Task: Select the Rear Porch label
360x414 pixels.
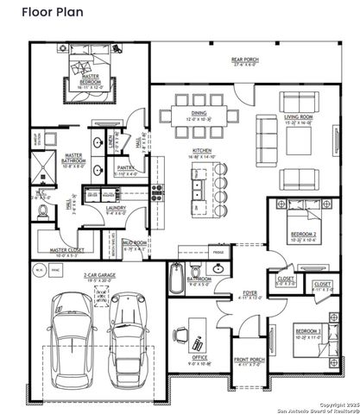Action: [245, 60]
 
